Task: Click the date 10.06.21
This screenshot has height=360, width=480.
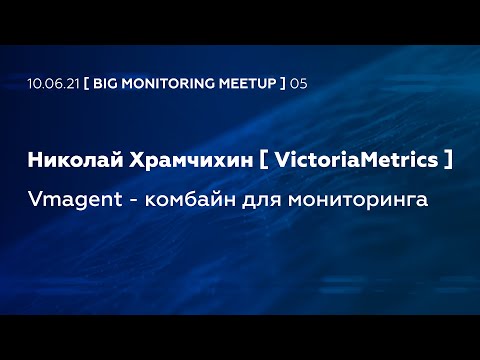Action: click(52, 83)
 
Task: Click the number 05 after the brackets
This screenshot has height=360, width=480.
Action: click(299, 83)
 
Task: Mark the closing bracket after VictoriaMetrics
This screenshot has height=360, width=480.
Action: click(447, 160)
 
